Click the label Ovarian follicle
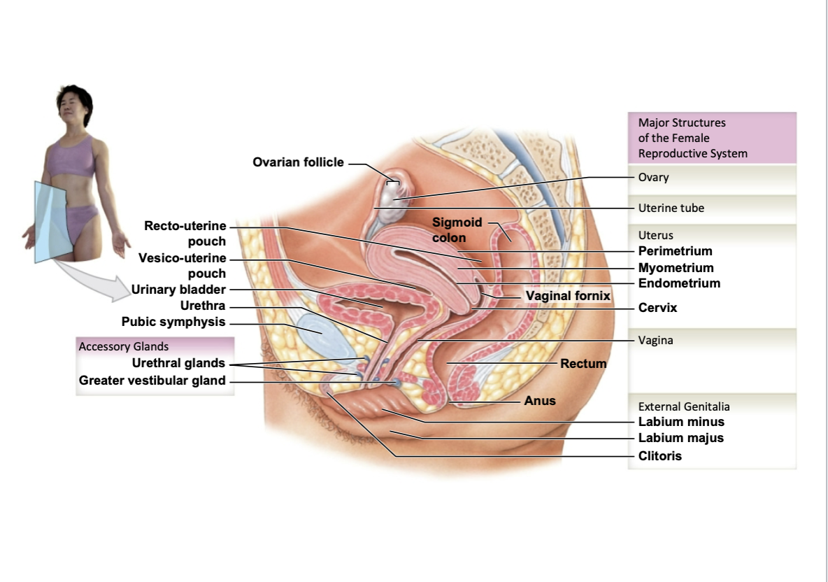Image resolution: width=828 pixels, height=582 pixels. [x=299, y=162]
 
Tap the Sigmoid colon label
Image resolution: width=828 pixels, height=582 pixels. [x=457, y=229]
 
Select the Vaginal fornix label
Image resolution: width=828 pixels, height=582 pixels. [x=568, y=296]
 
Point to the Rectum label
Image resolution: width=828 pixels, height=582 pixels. [x=583, y=363]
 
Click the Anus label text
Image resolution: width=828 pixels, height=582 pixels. [x=540, y=401]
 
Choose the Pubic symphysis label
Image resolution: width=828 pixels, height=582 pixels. [x=173, y=322]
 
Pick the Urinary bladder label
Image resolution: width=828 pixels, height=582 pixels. [x=178, y=290]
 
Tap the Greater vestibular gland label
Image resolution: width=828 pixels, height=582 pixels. [x=152, y=381]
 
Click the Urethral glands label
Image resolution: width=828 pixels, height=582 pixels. [x=178, y=363]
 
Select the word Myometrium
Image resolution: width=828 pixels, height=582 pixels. [x=676, y=267]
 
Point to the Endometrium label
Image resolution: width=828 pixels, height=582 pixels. [x=679, y=283]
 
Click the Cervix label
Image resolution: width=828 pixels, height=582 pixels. [x=657, y=308]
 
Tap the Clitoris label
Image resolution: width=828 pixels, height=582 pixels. [x=659, y=456]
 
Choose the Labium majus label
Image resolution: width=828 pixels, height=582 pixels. [x=680, y=438]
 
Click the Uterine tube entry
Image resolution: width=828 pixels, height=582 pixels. [x=671, y=208]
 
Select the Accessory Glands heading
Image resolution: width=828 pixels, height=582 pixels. [x=124, y=346]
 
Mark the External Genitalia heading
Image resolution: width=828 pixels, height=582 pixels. [x=684, y=406]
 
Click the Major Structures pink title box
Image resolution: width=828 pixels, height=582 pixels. [x=712, y=138]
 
